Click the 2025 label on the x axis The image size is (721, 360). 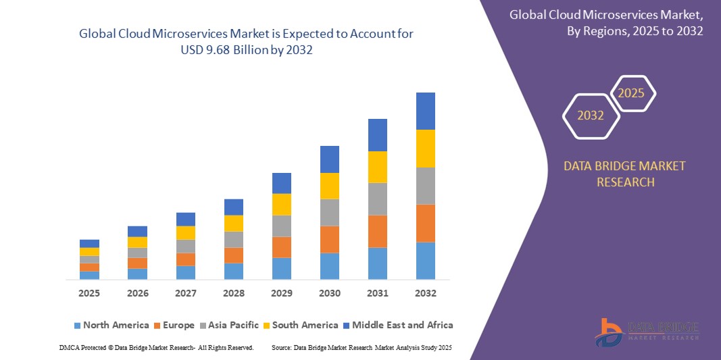[89, 293]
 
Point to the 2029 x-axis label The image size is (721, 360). [281, 293]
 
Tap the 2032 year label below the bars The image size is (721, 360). [425, 293]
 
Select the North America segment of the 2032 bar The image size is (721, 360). [425, 261]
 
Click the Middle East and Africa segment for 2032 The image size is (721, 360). [425, 111]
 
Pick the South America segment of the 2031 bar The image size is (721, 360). [377, 167]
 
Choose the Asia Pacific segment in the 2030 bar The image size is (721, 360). [329, 212]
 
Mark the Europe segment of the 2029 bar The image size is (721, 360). [281, 247]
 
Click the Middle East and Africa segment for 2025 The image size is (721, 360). [89, 243]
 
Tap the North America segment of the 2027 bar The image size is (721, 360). [185, 272]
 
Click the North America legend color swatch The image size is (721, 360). [77, 326]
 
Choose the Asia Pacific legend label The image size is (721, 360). [233, 325]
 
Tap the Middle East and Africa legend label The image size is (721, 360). [402, 325]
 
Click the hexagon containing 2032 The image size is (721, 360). [591, 115]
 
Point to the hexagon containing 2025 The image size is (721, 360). [632, 93]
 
